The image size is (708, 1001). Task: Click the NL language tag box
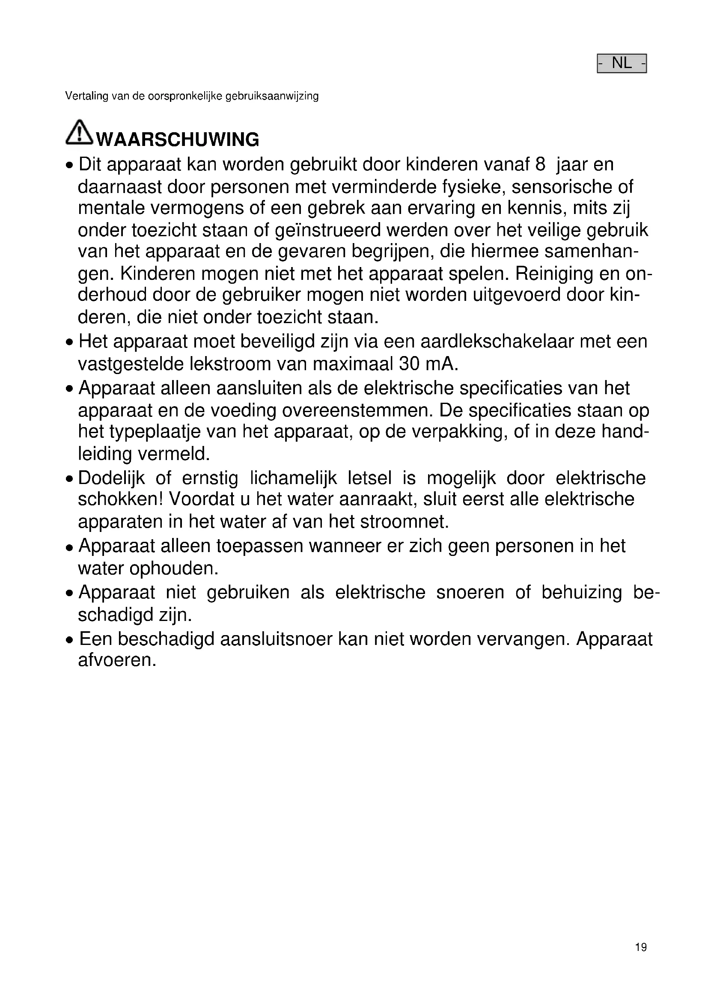(x=621, y=63)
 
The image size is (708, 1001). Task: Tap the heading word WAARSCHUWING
(x=178, y=140)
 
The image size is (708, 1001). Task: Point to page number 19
(x=641, y=948)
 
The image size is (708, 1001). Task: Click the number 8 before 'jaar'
(x=540, y=165)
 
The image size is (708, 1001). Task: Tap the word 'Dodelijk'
(x=112, y=478)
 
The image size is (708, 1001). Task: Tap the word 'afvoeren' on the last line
(x=116, y=660)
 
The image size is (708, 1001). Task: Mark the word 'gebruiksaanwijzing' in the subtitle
(x=272, y=96)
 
